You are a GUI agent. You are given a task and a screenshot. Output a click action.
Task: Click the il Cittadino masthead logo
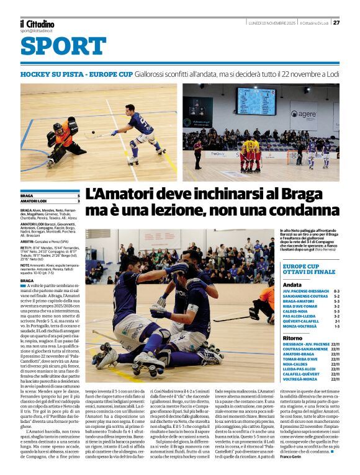click(37, 24)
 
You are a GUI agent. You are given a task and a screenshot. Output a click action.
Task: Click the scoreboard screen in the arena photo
click(255, 101)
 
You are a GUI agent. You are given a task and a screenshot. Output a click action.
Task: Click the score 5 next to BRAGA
click(78, 195)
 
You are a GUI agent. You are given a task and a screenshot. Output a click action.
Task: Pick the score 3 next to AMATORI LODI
click(78, 201)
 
